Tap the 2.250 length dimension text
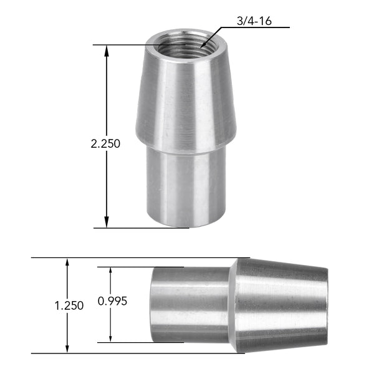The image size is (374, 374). click(105, 143)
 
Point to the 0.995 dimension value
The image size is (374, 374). click(113, 301)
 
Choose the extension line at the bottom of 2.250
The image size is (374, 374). click(143, 228)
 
